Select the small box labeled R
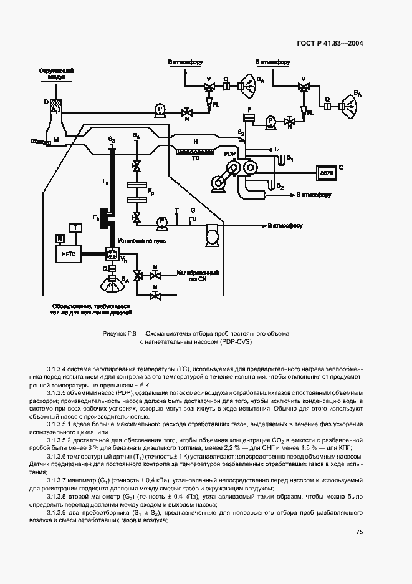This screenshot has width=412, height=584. [60, 238]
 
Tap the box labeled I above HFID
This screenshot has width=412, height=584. [75, 227]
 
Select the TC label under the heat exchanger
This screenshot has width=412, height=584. [195, 158]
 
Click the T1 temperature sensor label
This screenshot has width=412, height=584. [277, 150]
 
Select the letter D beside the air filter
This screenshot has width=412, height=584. [46, 100]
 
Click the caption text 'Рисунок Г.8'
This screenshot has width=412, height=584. [122, 334]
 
